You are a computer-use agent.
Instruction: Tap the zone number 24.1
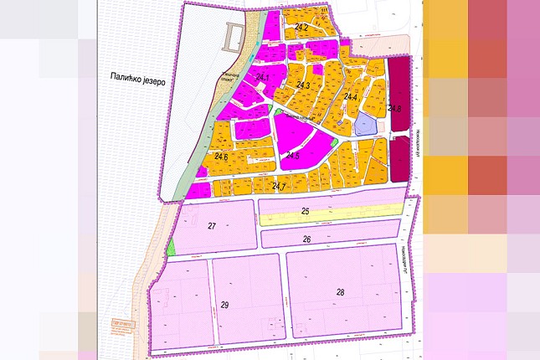coord(262,79)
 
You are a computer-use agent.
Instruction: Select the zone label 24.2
coord(301,28)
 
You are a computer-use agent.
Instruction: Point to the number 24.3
coord(304,86)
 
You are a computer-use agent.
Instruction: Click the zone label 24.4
coord(350,97)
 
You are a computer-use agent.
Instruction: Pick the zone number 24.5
coord(292,156)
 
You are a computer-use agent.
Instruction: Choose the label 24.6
coord(221,157)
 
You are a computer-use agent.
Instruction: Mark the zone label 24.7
coord(279,186)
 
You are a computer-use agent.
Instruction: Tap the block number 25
coord(306,213)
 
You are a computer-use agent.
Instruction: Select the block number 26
coord(306,239)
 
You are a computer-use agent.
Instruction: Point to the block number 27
coord(213,227)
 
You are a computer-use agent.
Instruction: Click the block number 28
coord(340,292)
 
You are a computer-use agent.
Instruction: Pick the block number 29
coord(224,303)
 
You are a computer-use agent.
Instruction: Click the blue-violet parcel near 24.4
coord(365,126)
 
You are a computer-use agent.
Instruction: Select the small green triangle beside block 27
coord(172,246)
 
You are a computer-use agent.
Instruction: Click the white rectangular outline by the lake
coord(235,37)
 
